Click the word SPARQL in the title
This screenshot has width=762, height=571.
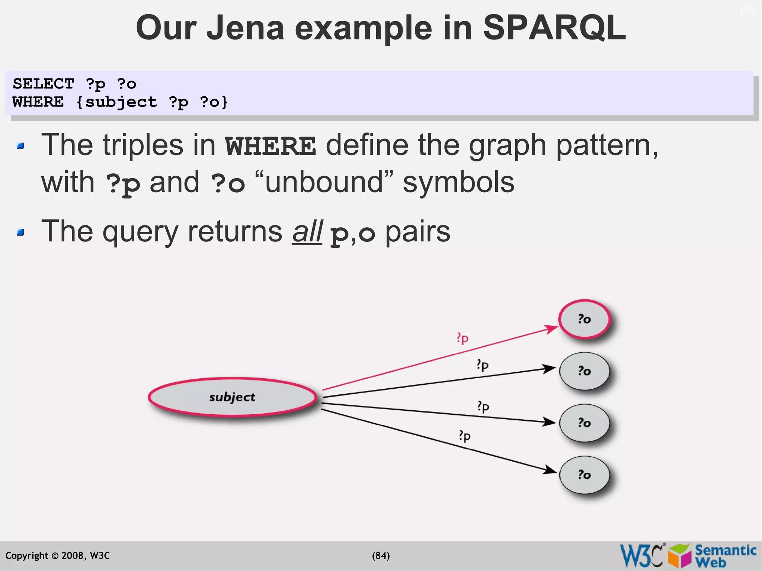point(554,28)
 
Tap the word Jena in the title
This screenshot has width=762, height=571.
point(245,28)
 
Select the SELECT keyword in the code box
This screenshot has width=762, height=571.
point(44,84)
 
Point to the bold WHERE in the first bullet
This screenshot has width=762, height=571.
point(270,146)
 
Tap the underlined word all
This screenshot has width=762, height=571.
point(307,232)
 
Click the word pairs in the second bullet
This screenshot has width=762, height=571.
point(417,232)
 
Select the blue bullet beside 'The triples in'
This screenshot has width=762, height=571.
point(20,146)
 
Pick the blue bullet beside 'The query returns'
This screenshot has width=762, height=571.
point(20,232)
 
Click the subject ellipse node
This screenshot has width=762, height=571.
point(232,397)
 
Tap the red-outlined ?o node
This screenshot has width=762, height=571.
point(585,319)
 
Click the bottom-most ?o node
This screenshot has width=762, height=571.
point(585,475)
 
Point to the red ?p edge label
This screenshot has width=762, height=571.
point(462,338)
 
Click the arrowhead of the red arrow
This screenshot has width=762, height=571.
point(552,328)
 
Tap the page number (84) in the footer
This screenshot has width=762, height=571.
point(381,556)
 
